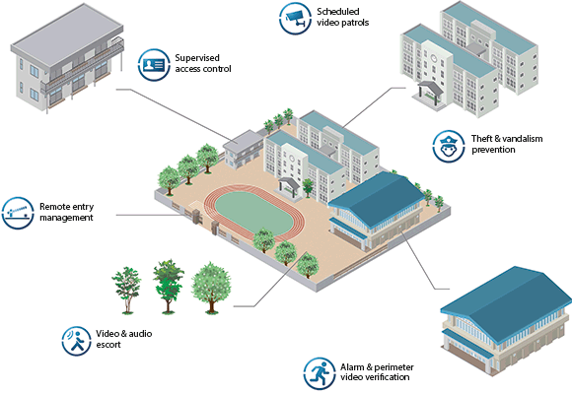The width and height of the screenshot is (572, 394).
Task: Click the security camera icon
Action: point(295,19)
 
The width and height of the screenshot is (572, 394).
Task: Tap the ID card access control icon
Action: point(154,64)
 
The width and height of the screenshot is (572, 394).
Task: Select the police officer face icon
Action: point(449,146)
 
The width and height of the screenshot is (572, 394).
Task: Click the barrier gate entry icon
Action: point(18,213)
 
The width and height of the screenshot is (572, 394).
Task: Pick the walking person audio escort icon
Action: point(77,341)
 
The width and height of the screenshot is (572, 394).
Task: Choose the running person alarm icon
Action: point(320,373)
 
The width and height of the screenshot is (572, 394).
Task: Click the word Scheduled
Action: point(338,12)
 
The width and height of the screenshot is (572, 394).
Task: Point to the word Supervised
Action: point(197,58)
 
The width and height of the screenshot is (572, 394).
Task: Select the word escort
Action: point(108,345)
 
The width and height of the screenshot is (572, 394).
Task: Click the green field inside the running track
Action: point(253,213)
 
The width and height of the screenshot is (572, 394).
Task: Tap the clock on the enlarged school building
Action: point(433,58)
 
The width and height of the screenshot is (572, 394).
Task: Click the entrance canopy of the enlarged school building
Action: point(430,90)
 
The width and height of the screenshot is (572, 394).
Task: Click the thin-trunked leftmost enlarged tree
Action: point(126,290)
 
